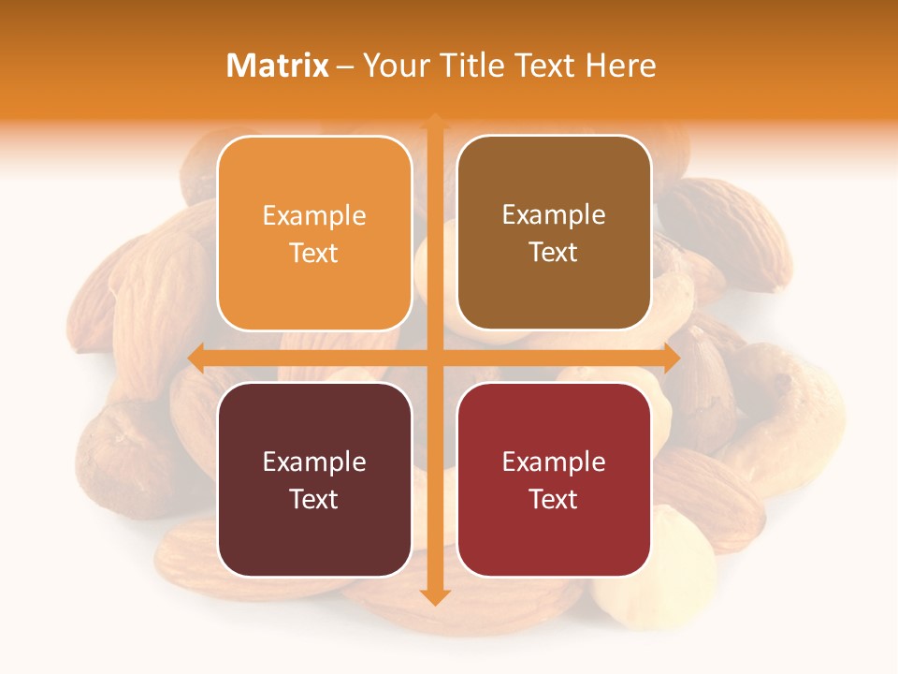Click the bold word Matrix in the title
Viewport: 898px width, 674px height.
[x=278, y=66]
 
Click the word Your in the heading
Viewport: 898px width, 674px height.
[x=392, y=66]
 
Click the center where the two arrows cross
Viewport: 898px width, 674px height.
[x=434, y=358]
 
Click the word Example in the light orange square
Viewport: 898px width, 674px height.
[x=314, y=216]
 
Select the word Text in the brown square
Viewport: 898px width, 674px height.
[x=554, y=253]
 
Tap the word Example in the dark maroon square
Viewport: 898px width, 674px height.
[x=314, y=462]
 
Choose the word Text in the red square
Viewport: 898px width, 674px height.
[x=554, y=499]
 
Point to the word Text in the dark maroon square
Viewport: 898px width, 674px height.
[x=314, y=499]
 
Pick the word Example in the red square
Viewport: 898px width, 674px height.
[x=554, y=462]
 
